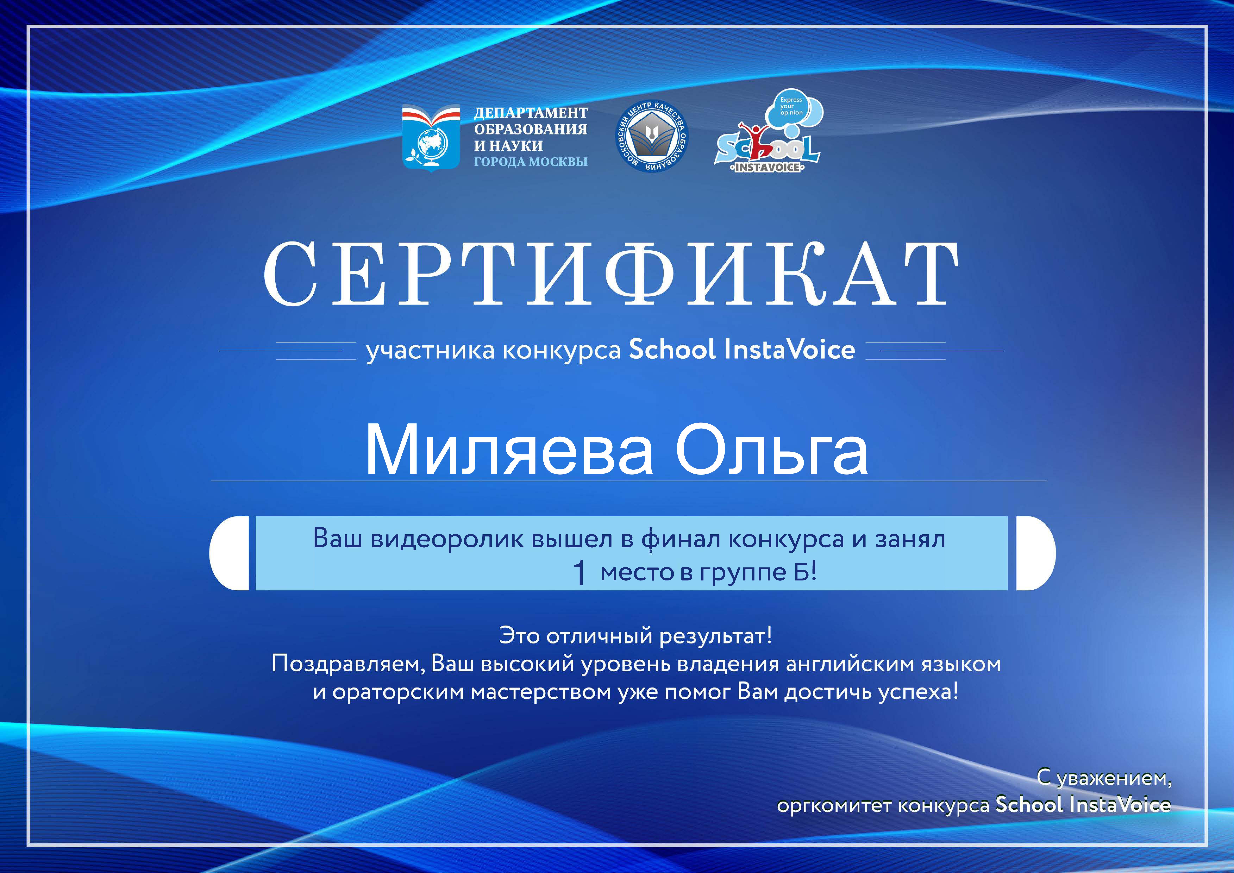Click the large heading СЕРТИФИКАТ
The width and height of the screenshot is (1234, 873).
(611, 274)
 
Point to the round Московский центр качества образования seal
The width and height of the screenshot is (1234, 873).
(651, 137)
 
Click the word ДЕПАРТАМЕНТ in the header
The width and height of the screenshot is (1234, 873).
(531, 113)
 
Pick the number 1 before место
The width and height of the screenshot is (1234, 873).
(579, 573)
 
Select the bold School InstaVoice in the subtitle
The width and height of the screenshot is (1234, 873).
(742, 349)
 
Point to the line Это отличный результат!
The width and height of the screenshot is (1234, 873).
(635, 636)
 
